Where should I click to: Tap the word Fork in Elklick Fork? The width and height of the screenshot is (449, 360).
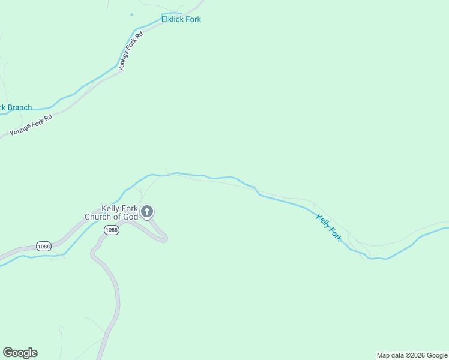tap(193, 19)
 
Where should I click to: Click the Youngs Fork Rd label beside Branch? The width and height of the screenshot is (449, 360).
tap(31, 125)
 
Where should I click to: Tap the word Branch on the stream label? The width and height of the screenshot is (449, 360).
tap(19, 108)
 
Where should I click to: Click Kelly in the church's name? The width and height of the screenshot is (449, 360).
tap(111, 209)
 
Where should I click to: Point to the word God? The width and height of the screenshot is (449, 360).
tap(131, 217)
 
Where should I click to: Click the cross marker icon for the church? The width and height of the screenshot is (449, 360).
tap(147, 212)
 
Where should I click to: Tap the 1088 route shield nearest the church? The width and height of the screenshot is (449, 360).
tap(111, 230)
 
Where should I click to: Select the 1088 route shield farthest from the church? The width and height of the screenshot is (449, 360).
tap(43, 246)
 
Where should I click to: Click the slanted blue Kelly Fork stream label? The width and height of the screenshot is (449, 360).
tap(328, 228)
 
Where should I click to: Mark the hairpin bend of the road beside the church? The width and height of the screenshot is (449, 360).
tap(164, 238)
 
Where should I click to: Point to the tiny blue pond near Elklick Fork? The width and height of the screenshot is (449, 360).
tap(131, 14)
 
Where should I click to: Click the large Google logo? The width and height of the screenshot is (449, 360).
tap(20, 353)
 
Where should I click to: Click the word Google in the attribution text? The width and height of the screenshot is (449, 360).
tap(436, 355)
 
